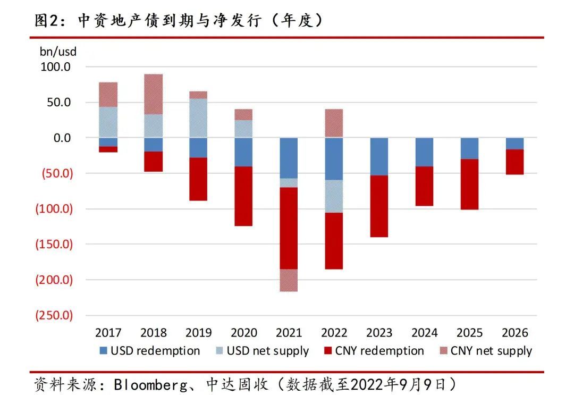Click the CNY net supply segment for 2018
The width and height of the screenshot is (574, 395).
(154, 94)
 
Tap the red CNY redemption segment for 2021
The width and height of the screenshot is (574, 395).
(289, 228)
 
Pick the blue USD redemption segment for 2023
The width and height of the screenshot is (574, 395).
(379, 157)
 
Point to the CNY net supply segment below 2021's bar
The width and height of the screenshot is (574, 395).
(289, 280)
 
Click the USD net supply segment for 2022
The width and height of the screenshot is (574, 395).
(334, 196)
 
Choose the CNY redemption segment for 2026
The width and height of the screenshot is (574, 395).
(514, 162)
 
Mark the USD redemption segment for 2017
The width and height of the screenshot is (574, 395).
(108, 142)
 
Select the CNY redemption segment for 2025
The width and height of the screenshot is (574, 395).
(470, 184)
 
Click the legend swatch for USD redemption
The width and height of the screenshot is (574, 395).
(103, 351)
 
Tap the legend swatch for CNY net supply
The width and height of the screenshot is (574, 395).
(443, 351)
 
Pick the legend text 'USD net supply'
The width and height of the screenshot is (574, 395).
(267, 351)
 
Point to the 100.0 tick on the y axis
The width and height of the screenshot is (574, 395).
(55, 66)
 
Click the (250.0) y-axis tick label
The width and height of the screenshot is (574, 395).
(54, 315)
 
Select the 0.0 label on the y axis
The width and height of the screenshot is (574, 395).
(62, 138)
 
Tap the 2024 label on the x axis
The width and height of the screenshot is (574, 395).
(424, 333)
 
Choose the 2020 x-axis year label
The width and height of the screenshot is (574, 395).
(244, 333)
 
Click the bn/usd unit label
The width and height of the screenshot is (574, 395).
(58, 52)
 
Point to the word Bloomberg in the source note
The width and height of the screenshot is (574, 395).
(150, 385)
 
